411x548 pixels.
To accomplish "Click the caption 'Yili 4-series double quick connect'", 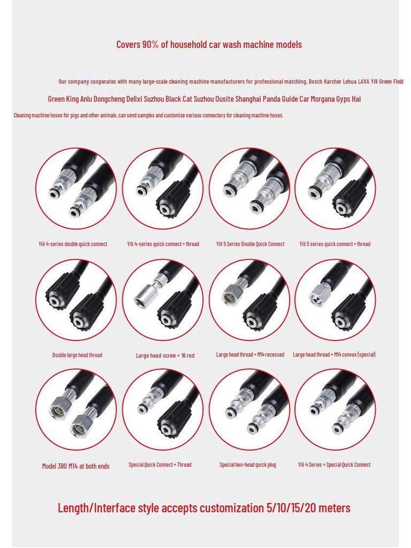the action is pyautogui.click(x=73, y=244).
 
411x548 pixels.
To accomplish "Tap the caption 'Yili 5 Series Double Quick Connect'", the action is pyautogui.click(x=250, y=244).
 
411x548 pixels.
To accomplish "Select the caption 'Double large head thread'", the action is pyautogui.click(x=77, y=355).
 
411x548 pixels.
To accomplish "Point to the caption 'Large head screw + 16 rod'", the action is pyautogui.click(x=165, y=355).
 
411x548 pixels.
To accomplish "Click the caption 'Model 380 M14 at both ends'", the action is pyautogui.click(x=75, y=466).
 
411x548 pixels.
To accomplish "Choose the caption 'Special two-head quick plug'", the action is pyautogui.click(x=248, y=465).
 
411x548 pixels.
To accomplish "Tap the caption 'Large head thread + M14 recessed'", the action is pyautogui.click(x=250, y=354).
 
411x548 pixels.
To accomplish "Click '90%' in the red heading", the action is pyautogui.click(x=150, y=44).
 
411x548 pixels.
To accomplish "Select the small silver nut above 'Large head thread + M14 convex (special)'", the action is pyautogui.click(x=319, y=295).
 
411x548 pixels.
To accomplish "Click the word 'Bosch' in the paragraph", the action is pyautogui.click(x=315, y=81).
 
